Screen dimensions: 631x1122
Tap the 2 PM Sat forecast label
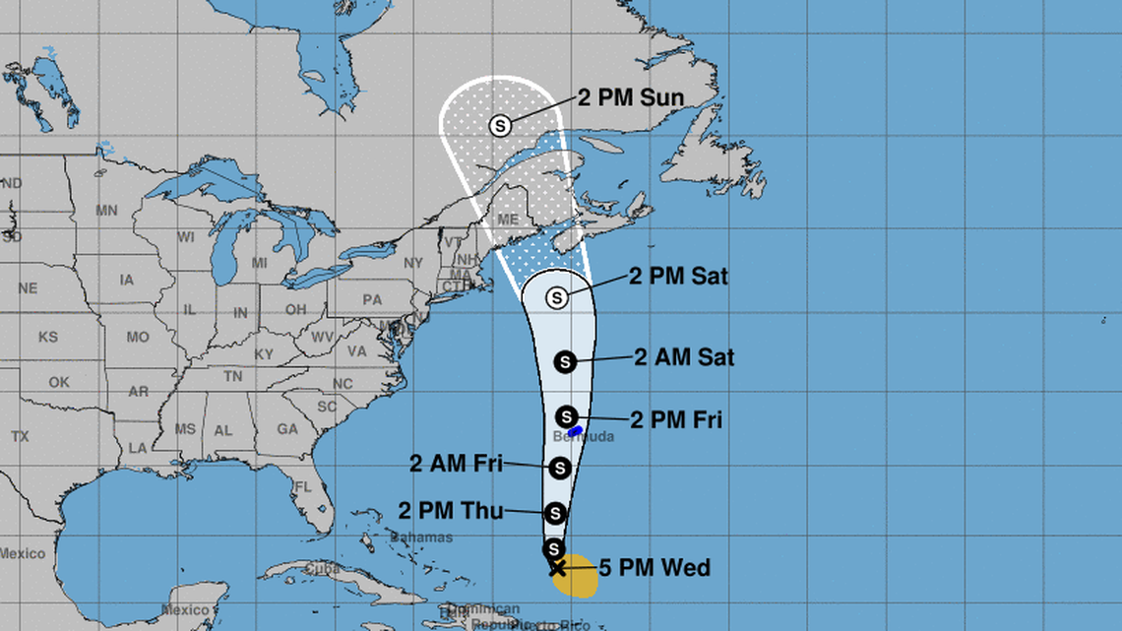678,277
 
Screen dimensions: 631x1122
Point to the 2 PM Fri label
675,420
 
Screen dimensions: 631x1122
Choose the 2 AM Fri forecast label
456,463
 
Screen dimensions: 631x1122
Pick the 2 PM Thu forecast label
452,510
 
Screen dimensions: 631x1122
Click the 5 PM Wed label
654,568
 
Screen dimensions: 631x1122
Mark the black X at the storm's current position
556,567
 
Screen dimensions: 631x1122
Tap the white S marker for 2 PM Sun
501,126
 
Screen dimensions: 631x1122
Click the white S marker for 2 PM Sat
557,296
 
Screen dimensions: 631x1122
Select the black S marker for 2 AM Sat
565,361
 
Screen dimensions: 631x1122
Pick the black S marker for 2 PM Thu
555,512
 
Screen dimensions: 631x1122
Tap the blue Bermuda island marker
577,430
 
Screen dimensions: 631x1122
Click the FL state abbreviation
304,487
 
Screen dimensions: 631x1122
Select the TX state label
20,436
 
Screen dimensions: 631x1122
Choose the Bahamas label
421,537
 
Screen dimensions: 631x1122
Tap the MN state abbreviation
106,211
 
